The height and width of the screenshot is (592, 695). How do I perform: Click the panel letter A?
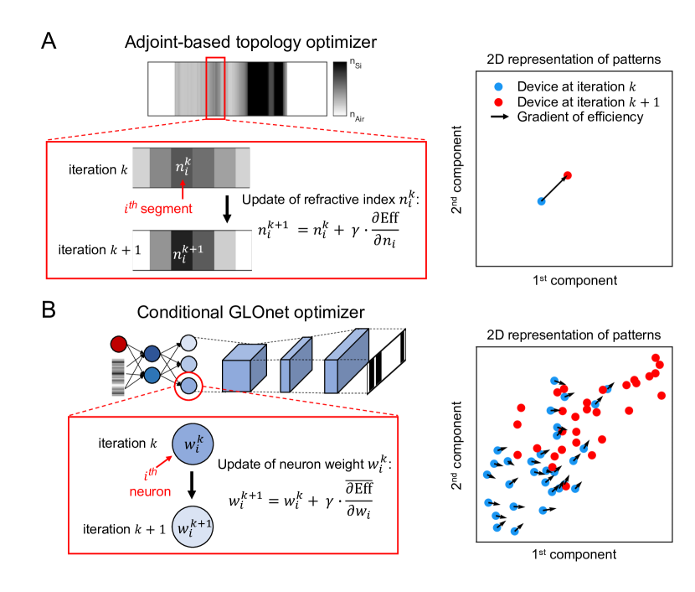49,41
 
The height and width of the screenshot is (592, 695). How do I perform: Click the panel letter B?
49,309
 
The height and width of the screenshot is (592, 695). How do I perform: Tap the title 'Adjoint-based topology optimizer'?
250,42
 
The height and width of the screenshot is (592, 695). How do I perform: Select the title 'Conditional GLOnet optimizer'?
250,312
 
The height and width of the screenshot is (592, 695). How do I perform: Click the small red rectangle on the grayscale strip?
215,88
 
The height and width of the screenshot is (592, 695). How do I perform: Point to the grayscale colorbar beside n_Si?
340,89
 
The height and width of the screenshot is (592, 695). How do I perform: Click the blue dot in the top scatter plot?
541,201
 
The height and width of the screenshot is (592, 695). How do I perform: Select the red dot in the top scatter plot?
568,175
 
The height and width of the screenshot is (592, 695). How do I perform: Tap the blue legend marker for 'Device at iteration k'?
499,86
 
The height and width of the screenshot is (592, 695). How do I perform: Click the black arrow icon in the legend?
500,117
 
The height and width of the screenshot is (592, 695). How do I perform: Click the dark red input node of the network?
118,344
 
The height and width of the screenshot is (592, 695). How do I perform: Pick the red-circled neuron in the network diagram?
188,386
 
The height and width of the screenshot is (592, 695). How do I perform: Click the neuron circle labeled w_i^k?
193,444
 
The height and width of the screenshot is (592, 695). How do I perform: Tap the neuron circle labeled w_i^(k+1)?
193,527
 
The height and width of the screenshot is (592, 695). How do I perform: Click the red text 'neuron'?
150,491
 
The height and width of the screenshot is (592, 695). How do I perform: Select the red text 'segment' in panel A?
167,209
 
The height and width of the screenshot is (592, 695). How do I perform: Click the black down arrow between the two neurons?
192,485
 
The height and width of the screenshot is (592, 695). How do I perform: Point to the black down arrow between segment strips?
227,209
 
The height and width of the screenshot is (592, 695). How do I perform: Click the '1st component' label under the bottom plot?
574,554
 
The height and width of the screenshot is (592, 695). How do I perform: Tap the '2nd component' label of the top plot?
456,169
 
